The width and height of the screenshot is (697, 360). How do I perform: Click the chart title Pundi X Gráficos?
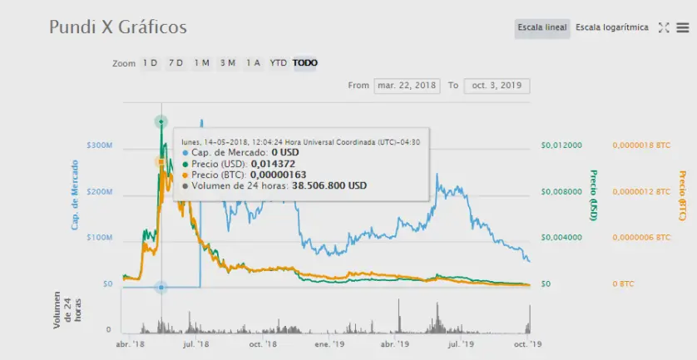pos(118,27)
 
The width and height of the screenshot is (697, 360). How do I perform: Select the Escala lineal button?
pos(541,27)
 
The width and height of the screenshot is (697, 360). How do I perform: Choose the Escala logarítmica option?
pos(611,27)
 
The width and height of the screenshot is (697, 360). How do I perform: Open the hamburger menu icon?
pos(682,27)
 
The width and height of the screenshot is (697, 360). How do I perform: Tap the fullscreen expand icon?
pos(664,27)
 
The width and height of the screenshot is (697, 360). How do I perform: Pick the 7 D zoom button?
pos(176,63)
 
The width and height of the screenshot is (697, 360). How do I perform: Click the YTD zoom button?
pos(279,63)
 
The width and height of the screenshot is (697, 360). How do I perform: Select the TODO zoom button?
pos(305,63)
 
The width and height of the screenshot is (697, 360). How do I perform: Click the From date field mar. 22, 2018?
pos(408,86)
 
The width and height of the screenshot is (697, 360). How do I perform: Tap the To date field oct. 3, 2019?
pos(497,86)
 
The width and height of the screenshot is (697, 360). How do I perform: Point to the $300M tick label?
pos(100,145)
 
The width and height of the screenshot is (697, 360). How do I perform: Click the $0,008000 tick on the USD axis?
pos(561,192)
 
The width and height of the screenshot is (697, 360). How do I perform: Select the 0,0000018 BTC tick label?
pos(641,145)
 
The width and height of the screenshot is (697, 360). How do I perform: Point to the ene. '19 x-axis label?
pos(329,344)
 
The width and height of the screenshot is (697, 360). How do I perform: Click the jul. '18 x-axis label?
pos(196,344)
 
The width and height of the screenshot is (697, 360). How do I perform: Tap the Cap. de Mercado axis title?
pos(75,195)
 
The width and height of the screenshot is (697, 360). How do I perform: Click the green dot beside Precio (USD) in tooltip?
pos(185,164)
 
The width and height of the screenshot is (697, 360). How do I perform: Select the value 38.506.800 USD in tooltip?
pos(329,185)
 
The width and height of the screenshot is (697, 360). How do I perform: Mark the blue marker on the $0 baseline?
pos(161,288)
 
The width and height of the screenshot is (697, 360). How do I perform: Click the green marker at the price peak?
pos(161,121)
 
